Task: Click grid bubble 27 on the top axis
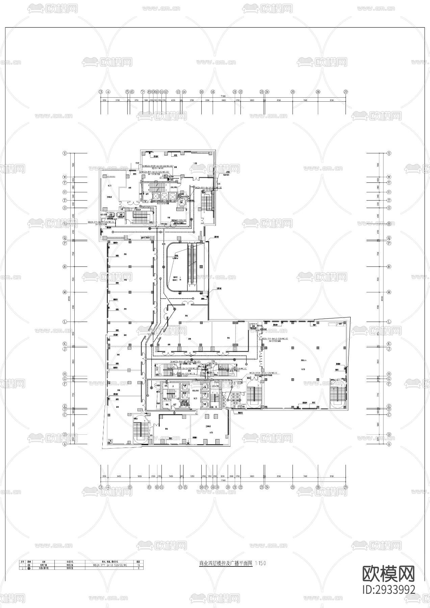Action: coord(346,92)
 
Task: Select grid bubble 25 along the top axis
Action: coord(293,92)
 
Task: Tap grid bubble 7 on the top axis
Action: coord(143,92)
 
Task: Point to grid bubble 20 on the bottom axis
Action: coord(228,487)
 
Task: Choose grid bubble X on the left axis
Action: coord(65,153)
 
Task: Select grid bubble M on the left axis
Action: coord(65,292)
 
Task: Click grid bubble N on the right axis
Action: coord(389,267)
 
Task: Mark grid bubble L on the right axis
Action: coord(389,322)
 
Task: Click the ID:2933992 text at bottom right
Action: coord(388,589)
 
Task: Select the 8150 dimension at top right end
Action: coord(332,100)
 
